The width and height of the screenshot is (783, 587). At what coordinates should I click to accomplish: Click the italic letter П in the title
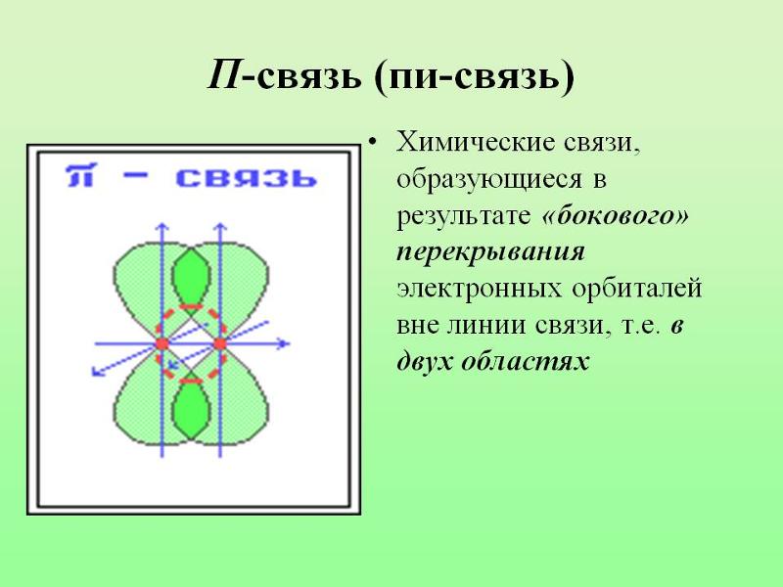point(224,74)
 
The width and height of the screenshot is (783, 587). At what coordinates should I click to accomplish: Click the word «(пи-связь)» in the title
point(474,76)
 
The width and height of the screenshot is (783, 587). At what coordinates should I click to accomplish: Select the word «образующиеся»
point(489,180)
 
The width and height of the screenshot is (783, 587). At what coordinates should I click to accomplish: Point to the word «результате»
point(463,216)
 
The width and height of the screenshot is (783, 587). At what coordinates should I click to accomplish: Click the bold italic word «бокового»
point(616,215)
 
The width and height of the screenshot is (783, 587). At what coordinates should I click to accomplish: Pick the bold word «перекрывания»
point(491,252)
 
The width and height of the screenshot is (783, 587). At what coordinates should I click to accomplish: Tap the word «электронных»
point(479,289)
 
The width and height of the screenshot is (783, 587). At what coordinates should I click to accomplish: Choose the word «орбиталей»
point(637,289)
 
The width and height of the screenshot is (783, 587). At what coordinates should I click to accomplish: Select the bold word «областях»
point(526,360)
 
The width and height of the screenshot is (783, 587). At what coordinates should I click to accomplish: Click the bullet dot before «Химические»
point(373,142)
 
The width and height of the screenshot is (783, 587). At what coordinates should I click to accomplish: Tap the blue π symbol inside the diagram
point(80,176)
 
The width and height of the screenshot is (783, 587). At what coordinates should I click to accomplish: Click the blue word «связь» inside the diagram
point(247,178)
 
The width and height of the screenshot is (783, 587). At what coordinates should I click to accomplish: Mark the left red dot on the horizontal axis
point(161,344)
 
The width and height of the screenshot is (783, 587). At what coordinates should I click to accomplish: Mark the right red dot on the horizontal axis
point(220,344)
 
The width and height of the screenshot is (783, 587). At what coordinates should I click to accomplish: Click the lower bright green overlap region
point(191,408)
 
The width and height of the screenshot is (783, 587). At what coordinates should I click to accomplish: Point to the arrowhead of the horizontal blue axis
point(285,343)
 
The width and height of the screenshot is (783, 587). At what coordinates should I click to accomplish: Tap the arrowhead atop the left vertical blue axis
point(161,227)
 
